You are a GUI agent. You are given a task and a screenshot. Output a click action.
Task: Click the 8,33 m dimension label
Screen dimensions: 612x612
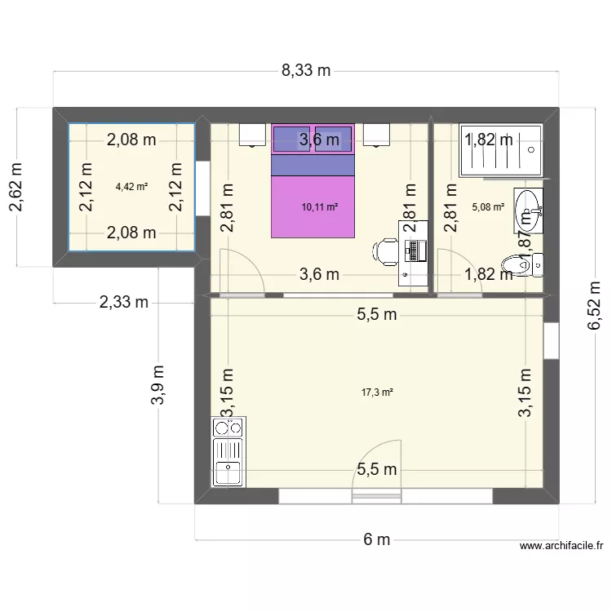306,70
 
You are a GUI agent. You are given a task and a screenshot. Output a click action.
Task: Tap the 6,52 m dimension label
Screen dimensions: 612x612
593,306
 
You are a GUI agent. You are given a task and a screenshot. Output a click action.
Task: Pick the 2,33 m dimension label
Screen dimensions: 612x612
123,303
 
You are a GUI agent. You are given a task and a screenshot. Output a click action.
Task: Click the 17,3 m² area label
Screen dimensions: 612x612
377,392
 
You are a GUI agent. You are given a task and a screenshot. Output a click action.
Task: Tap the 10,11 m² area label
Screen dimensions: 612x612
319,207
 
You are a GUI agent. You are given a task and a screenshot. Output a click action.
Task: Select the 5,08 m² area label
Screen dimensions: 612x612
487,207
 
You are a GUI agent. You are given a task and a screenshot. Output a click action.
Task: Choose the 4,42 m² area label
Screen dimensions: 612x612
131,186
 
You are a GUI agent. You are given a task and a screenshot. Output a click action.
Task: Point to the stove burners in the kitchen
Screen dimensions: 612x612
228,427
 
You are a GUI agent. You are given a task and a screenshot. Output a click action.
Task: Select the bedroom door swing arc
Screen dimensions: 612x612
242,269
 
